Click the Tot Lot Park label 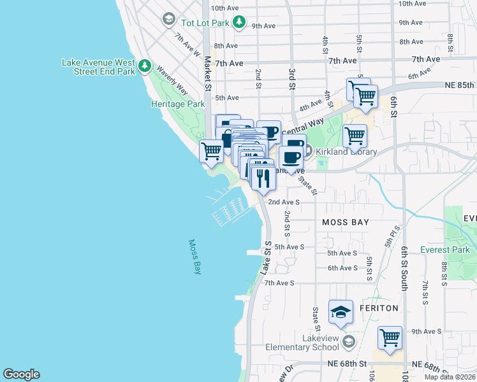click(204, 23)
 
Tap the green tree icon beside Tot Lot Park click(238, 23)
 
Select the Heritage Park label click(177, 104)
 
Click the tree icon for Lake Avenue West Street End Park click(145, 66)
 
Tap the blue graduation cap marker click(341, 313)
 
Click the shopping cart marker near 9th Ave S click(390, 338)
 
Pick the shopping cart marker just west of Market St click(211, 152)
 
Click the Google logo click(21, 374)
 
